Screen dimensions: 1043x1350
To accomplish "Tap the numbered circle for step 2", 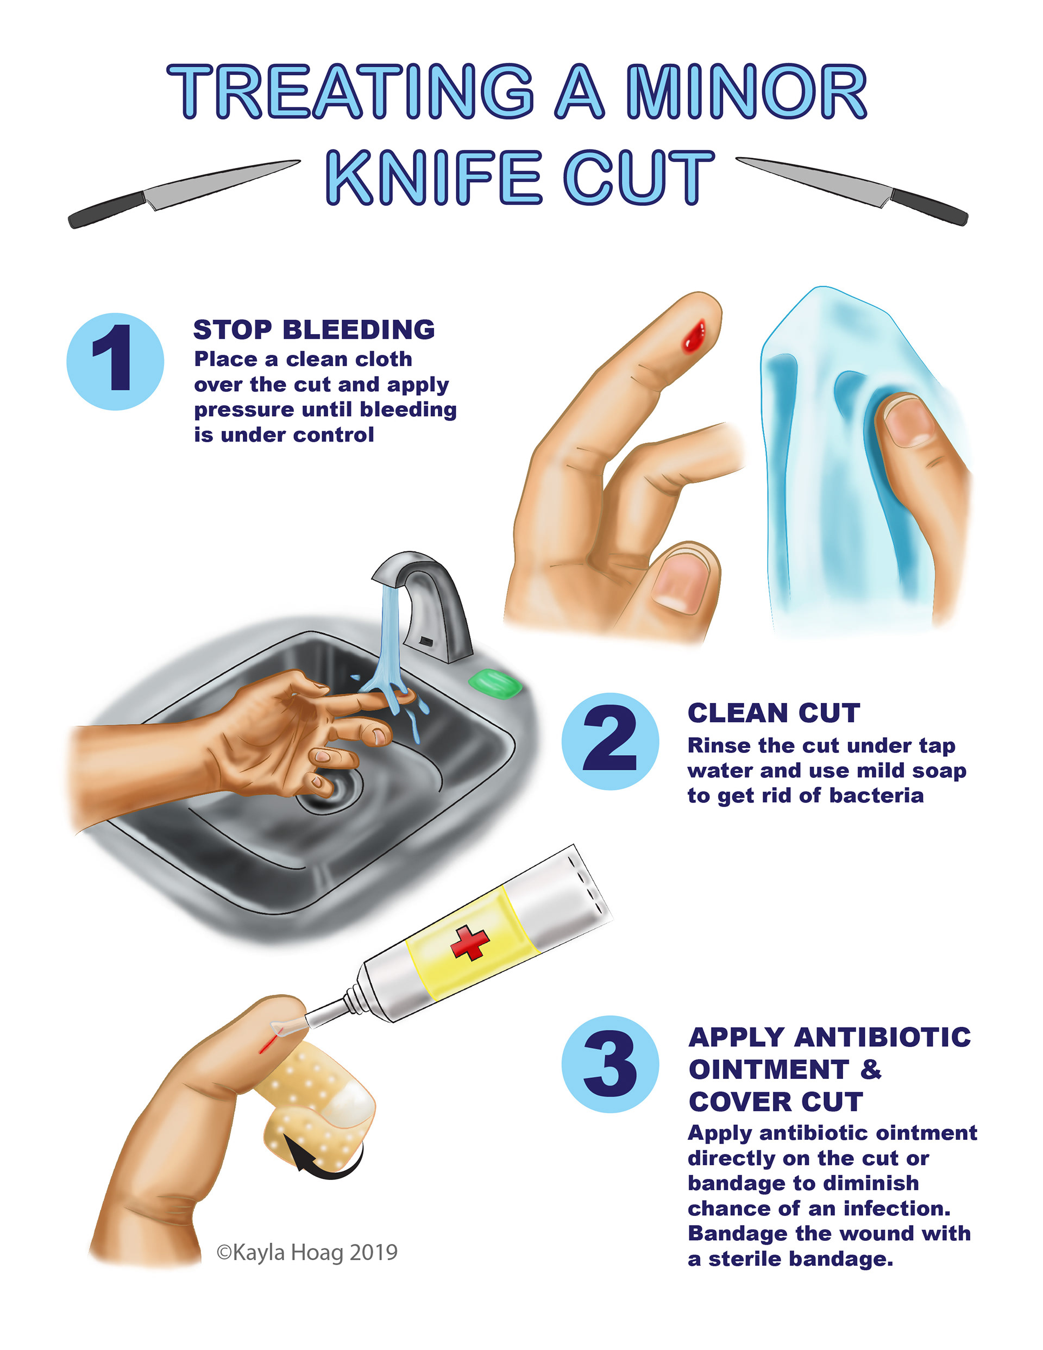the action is click(610, 741).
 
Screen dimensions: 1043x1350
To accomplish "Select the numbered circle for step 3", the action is click(610, 1064).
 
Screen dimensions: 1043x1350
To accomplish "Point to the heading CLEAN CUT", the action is click(774, 713).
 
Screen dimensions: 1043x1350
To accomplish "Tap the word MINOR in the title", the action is click(747, 91).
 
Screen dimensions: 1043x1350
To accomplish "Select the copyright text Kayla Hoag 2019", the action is click(307, 1252).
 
